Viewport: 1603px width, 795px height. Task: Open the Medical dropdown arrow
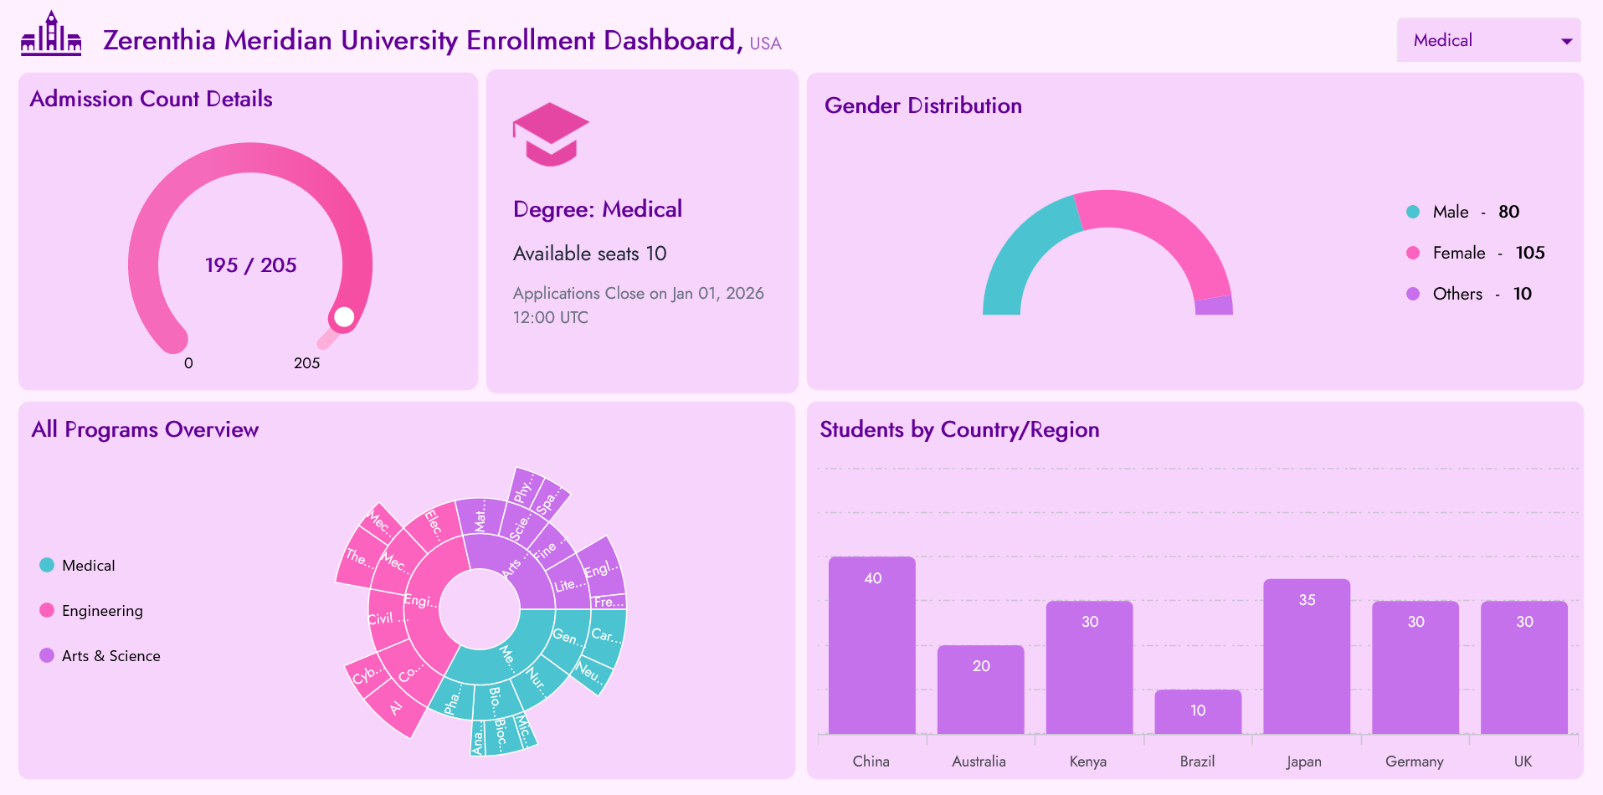click(x=1566, y=41)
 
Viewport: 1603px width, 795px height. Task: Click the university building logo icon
click(x=51, y=34)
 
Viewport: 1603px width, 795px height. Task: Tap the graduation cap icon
click(x=551, y=134)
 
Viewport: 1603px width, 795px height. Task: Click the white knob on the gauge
click(x=344, y=317)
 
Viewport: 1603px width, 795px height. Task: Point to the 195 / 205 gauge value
click(x=250, y=265)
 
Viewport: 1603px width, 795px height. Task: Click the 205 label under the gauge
click(x=306, y=363)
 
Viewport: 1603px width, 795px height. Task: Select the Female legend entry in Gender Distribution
click(x=1458, y=253)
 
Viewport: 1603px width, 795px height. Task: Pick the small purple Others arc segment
click(x=1214, y=305)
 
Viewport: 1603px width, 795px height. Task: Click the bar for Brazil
click(x=1197, y=712)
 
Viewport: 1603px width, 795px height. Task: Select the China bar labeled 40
click(x=871, y=645)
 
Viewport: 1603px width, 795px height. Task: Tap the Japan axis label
click(x=1304, y=762)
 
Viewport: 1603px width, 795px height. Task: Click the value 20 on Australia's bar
click(x=981, y=666)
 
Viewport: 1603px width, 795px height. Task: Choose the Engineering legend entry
click(x=101, y=611)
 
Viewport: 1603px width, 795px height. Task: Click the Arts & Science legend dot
click(x=47, y=655)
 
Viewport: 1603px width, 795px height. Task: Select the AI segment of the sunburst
click(x=394, y=708)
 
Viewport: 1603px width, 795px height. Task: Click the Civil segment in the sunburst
click(x=383, y=618)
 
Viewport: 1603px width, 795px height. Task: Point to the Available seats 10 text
click(x=589, y=254)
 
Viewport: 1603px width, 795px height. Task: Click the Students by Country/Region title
click(x=959, y=429)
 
